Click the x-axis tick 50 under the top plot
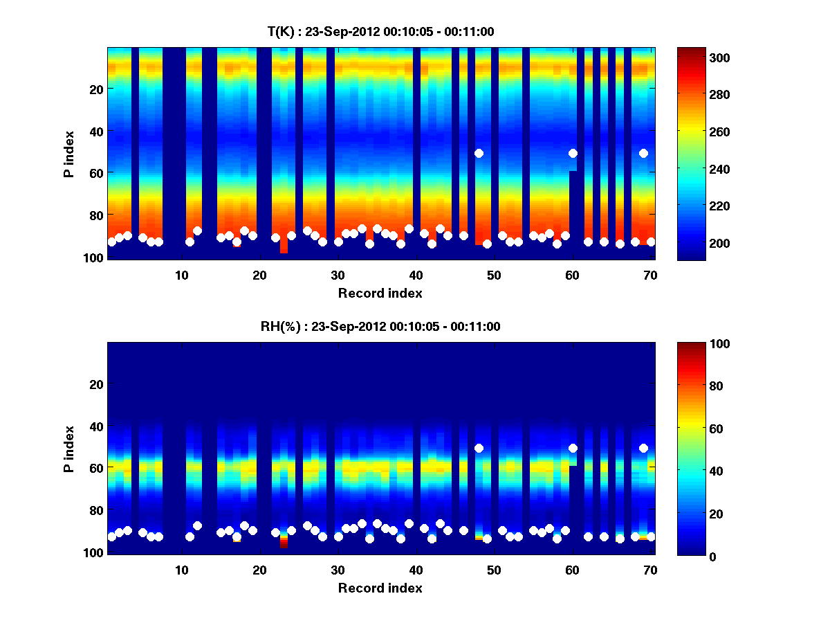[x=494, y=275]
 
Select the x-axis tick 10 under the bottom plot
[x=181, y=570]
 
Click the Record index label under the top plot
[x=380, y=293]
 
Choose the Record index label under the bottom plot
[x=380, y=588]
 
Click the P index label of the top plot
[x=69, y=154]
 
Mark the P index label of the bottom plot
[x=69, y=449]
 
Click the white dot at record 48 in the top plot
[x=479, y=153]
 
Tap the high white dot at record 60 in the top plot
[x=573, y=153]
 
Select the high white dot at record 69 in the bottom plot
[x=643, y=448]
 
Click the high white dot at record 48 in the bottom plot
[x=479, y=448]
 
